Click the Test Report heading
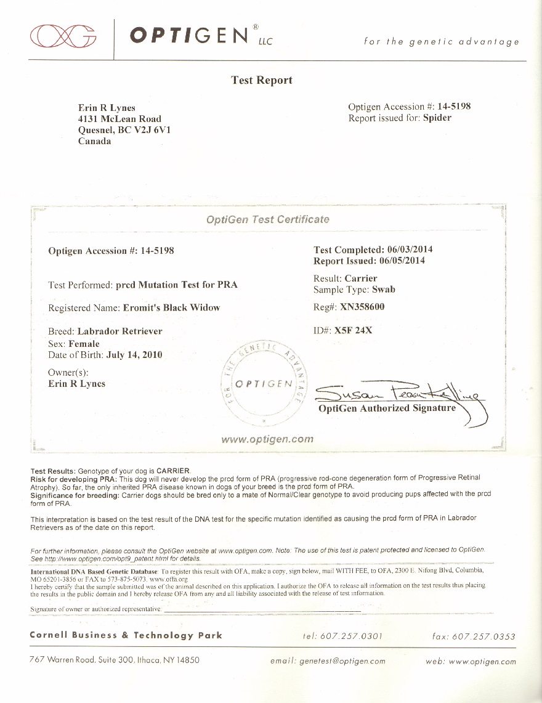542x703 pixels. pyautogui.click(x=262, y=80)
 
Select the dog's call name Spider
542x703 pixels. pyautogui.click(x=437, y=118)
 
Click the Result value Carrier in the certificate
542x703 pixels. pyautogui.click(x=360, y=278)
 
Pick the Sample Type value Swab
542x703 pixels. pyautogui.click(x=383, y=289)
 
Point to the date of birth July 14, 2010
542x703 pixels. pyautogui.click(x=134, y=355)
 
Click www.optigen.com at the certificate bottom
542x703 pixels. pyautogui.click(x=267, y=439)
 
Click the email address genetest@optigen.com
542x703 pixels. pyautogui.click(x=342, y=661)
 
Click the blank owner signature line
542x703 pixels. pyautogui.click(x=262, y=609)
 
